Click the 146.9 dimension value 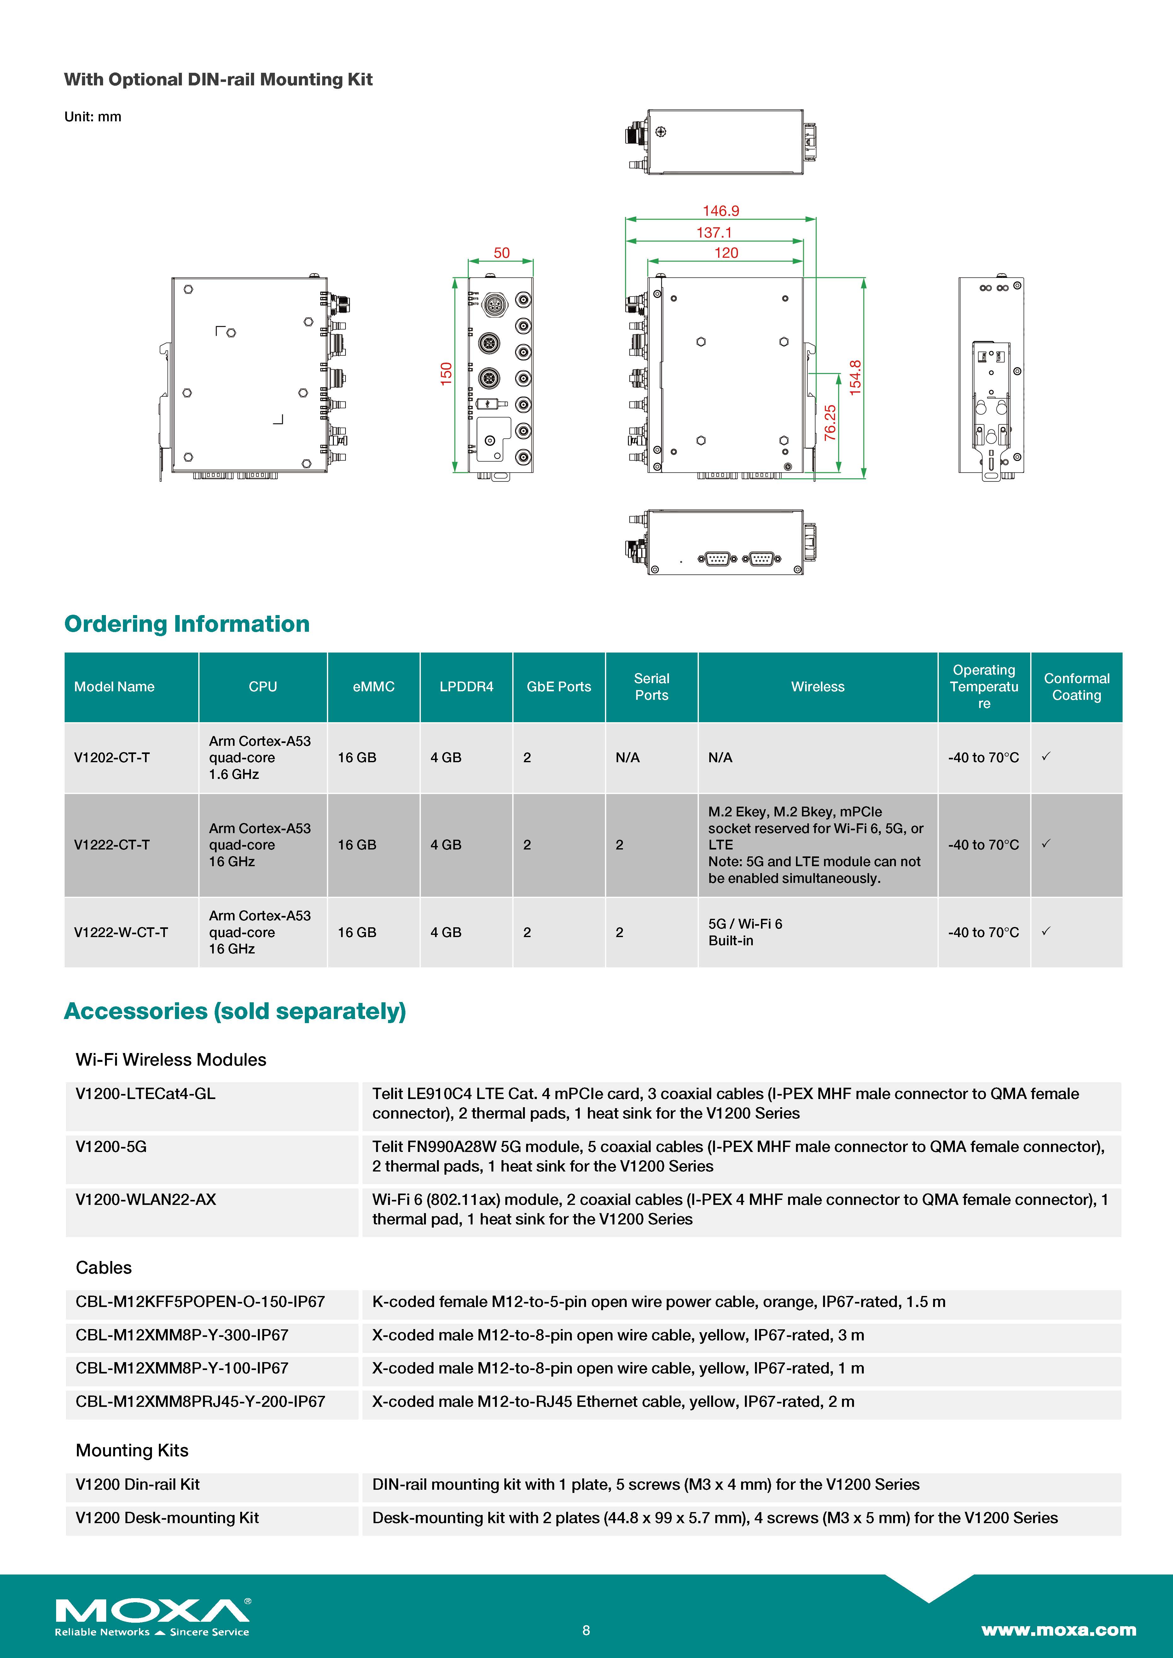coord(721,211)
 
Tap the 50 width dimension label coord(501,253)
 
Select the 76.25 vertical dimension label coord(830,423)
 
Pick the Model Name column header coord(114,687)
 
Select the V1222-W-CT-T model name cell coord(121,932)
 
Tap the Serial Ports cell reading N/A coord(627,757)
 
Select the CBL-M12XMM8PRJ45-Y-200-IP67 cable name coord(200,1402)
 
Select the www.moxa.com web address coord(1058,1630)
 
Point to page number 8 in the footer coord(586,1630)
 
